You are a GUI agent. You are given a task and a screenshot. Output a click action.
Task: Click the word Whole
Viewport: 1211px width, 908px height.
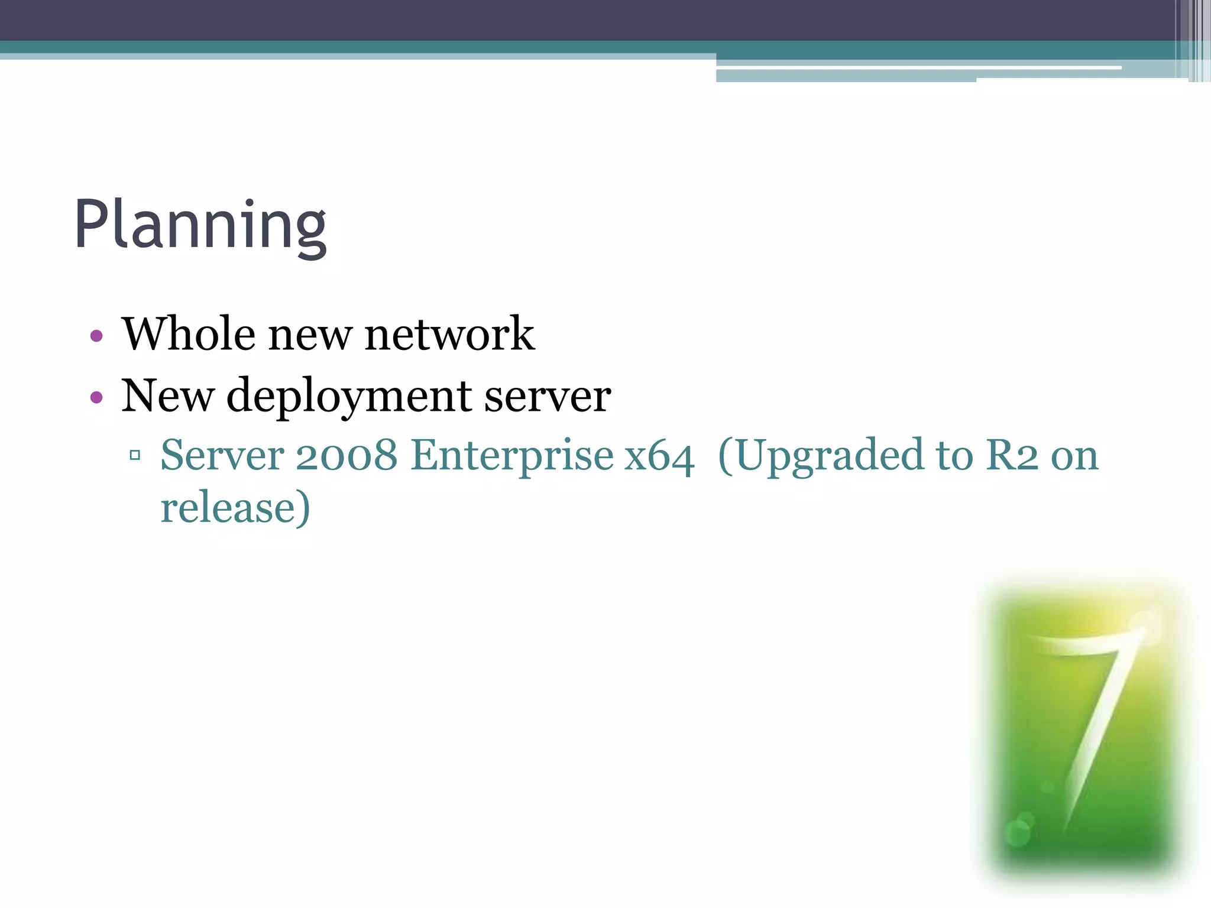[x=189, y=334]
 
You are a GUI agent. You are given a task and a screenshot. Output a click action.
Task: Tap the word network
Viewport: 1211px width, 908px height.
[x=449, y=334]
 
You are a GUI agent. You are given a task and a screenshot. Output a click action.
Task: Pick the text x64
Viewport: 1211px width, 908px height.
[x=659, y=456]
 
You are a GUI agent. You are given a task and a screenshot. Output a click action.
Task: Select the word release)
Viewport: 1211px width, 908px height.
[x=235, y=508]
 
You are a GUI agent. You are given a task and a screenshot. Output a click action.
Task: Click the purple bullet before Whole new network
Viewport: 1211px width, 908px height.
[x=96, y=336]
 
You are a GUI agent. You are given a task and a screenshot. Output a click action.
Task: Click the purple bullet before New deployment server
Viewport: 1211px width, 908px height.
[x=96, y=397]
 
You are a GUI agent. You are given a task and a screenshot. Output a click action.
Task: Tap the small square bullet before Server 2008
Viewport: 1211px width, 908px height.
[x=135, y=455]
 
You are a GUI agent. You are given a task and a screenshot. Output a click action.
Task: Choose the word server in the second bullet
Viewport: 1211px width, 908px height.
[x=548, y=396]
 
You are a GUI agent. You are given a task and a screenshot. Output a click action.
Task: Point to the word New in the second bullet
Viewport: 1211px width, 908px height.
[x=167, y=395]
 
